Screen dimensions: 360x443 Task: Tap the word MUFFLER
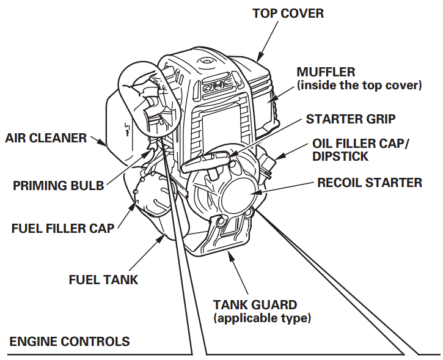pos(326,72)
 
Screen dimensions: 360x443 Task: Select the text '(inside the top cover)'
pos(359,86)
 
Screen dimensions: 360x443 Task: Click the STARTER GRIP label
pos(350,119)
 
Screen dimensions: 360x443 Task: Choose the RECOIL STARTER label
pos(369,182)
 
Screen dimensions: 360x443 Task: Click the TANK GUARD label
pos(255,304)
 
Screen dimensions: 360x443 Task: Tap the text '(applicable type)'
pos(262,318)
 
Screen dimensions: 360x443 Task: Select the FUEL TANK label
pos(103,280)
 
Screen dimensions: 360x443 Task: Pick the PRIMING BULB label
pos(59,185)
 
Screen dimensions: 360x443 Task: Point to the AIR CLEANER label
pos(46,138)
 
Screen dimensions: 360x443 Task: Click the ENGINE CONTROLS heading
pos(70,341)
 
